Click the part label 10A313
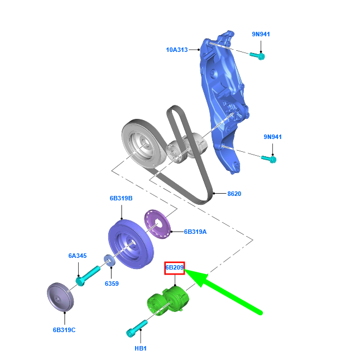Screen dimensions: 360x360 pyautogui.click(x=177, y=50)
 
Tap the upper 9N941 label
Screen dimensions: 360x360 pyautogui.click(x=261, y=34)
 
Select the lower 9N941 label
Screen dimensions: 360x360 pyautogui.click(x=272, y=137)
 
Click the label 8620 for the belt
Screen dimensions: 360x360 pyautogui.click(x=234, y=194)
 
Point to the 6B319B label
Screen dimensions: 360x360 pyautogui.click(x=121, y=198)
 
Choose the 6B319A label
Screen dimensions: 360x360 pyautogui.click(x=195, y=232)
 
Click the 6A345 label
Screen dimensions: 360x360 pyautogui.click(x=78, y=256)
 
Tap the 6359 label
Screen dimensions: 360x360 pyautogui.click(x=112, y=284)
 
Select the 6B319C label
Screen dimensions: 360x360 pyautogui.click(x=64, y=330)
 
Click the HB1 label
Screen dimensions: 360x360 pyautogui.click(x=141, y=348)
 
